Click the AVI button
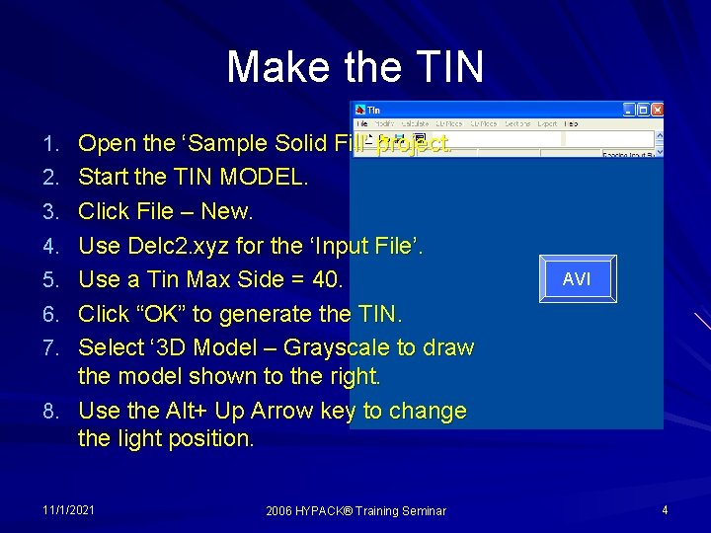click(x=577, y=279)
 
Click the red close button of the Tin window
click(x=658, y=110)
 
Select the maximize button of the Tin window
click(x=643, y=110)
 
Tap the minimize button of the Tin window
click(x=628, y=110)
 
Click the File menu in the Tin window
click(x=361, y=124)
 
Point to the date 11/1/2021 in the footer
click(x=69, y=510)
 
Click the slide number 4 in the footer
click(x=665, y=510)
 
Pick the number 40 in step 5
click(x=325, y=279)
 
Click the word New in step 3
click(x=229, y=211)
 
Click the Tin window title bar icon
click(x=360, y=110)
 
